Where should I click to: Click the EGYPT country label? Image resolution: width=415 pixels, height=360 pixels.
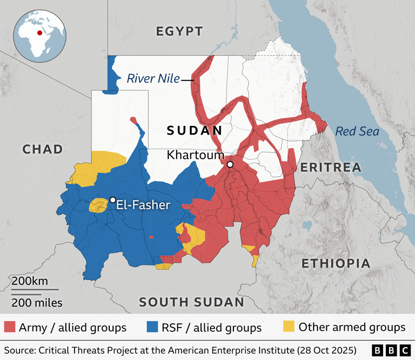tap(179, 31)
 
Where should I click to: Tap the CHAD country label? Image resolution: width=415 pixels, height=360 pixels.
tap(43, 149)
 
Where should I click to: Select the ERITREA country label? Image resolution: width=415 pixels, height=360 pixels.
tap(331, 168)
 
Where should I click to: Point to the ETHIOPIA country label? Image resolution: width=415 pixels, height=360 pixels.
tap(336, 264)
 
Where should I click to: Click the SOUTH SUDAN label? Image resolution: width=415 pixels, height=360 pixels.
tap(192, 302)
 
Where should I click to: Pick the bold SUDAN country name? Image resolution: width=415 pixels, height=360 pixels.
tap(195, 130)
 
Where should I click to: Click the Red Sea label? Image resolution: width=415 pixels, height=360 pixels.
tap(357, 131)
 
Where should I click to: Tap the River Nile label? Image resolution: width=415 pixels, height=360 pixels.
tap(153, 79)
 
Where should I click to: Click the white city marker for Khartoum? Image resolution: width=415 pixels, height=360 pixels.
tap(230, 164)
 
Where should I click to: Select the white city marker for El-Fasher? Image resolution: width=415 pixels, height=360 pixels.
tap(112, 200)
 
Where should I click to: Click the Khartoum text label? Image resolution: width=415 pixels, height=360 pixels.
tap(195, 155)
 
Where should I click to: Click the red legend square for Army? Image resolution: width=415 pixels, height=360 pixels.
tap(10, 327)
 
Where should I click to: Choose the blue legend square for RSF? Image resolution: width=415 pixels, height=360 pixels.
tap(152, 327)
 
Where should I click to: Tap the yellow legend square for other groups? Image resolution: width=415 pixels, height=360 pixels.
tap(289, 326)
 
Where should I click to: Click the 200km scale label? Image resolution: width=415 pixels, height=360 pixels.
tap(30, 281)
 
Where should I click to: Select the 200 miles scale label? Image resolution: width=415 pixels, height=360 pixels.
tap(37, 303)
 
